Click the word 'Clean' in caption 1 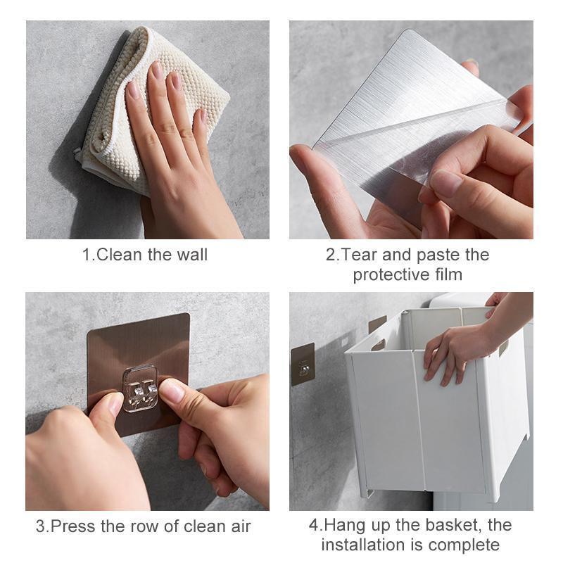pyautogui.click(x=119, y=255)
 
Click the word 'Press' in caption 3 pyautogui.click(x=73, y=526)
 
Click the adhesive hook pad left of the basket pyautogui.click(x=303, y=364)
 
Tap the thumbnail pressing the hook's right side pyautogui.click(x=172, y=391)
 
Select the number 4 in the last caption pyautogui.click(x=314, y=525)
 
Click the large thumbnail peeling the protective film pyautogui.click(x=446, y=182)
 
